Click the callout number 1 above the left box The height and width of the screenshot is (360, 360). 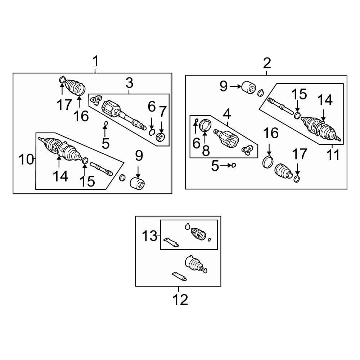tap(95, 61)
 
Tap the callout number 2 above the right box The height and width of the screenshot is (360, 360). tap(267, 63)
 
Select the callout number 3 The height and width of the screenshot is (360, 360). tap(130, 83)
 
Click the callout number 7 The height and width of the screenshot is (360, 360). tap(163, 112)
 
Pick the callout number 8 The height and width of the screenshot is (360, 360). tap(206, 151)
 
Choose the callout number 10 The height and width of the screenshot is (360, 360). tap(26, 159)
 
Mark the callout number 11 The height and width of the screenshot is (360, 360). tap(333, 155)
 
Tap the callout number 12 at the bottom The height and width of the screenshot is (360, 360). tap(180, 300)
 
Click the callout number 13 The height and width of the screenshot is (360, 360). tap(149, 236)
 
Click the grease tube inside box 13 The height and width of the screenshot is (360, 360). tap(171, 242)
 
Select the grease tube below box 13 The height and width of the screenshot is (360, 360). tap(179, 276)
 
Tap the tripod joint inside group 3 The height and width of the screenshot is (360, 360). tap(96, 100)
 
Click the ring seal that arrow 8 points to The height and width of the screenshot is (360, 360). tap(205, 125)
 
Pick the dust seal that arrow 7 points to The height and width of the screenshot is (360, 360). tap(161, 137)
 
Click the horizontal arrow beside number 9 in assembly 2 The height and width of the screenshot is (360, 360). tap(235, 86)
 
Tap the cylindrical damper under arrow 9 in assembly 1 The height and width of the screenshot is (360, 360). tap(137, 184)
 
